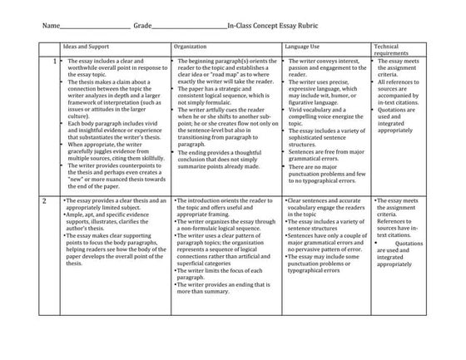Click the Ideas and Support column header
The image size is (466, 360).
(87, 48)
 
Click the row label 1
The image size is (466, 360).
(55, 62)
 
